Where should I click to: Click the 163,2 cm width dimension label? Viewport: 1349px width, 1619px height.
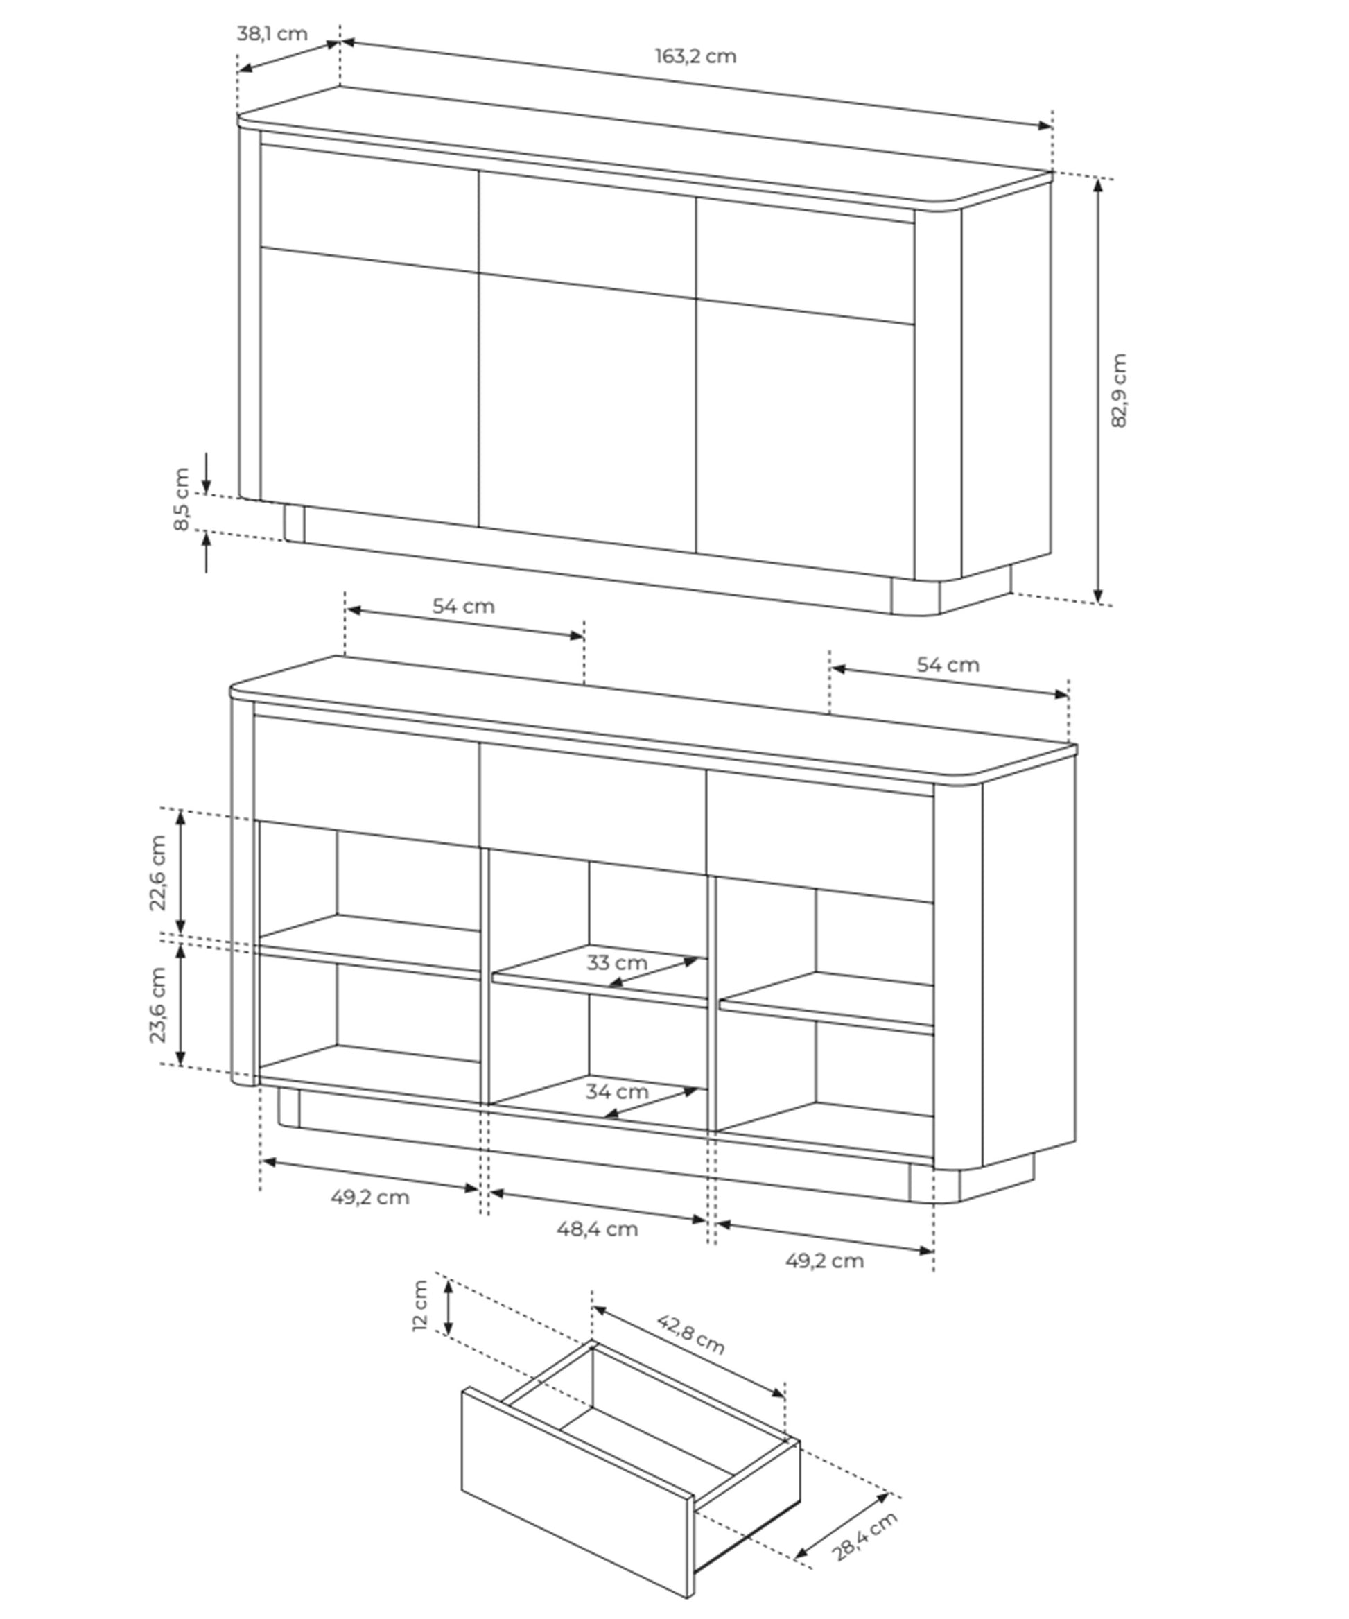pyautogui.click(x=695, y=56)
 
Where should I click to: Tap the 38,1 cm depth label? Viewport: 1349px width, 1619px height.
pyautogui.click(x=272, y=34)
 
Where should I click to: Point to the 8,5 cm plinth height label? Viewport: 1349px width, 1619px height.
pyautogui.click(x=181, y=499)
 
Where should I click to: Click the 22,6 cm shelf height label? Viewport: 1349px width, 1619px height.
pyautogui.click(x=157, y=873)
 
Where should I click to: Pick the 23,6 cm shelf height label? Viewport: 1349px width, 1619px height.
pyautogui.click(x=157, y=1005)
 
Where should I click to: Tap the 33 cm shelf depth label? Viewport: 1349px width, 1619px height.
pyautogui.click(x=617, y=962)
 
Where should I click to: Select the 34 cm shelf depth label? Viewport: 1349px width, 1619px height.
pyautogui.click(x=617, y=1091)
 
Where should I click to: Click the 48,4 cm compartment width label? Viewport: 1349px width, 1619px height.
pyautogui.click(x=598, y=1229)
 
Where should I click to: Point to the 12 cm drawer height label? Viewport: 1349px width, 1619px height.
pyautogui.click(x=420, y=1305)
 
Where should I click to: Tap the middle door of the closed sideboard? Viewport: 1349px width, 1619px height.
pyautogui.click(x=587, y=413)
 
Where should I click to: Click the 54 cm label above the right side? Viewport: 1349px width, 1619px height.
pyautogui.click(x=948, y=664)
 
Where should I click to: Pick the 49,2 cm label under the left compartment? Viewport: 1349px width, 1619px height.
pyautogui.click(x=370, y=1197)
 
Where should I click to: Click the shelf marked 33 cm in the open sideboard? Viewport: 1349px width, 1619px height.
pyautogui.click(x=600, y=976)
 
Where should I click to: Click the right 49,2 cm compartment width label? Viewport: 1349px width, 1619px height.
pyautogui.click(x=824, y=1261)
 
